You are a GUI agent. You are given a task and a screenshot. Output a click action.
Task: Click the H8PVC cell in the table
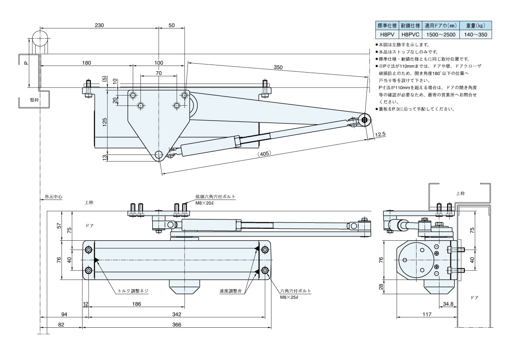tap(410, 34)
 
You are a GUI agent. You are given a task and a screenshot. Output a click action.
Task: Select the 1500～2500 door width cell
tap(441, 34)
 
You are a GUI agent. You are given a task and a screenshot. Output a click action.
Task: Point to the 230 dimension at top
tap(99, 25)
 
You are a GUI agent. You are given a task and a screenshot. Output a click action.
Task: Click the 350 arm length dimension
tap(278, 67)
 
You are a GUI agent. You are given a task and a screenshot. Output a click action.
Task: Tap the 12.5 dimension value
tap(380, 134)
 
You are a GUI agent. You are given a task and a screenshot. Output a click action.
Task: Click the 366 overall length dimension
tap(176, 325)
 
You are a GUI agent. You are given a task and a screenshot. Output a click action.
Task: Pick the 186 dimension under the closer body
tap(136, 304)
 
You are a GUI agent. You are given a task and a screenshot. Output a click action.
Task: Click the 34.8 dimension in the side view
tap(448, 304)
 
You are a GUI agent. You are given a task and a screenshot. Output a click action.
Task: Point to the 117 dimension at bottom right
tap(427, 315)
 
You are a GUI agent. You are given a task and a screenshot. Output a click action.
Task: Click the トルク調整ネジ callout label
tap(133, 292)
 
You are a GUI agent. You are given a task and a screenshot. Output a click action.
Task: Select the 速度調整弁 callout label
tap(231, 291)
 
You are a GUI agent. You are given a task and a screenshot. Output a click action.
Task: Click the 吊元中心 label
tap(53, 197)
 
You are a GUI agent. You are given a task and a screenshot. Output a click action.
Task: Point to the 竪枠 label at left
tap(34, 100)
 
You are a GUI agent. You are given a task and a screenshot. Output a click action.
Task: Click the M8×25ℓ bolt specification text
tap(289, 298)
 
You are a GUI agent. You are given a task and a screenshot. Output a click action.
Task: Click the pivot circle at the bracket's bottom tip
tap(159, 155)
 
